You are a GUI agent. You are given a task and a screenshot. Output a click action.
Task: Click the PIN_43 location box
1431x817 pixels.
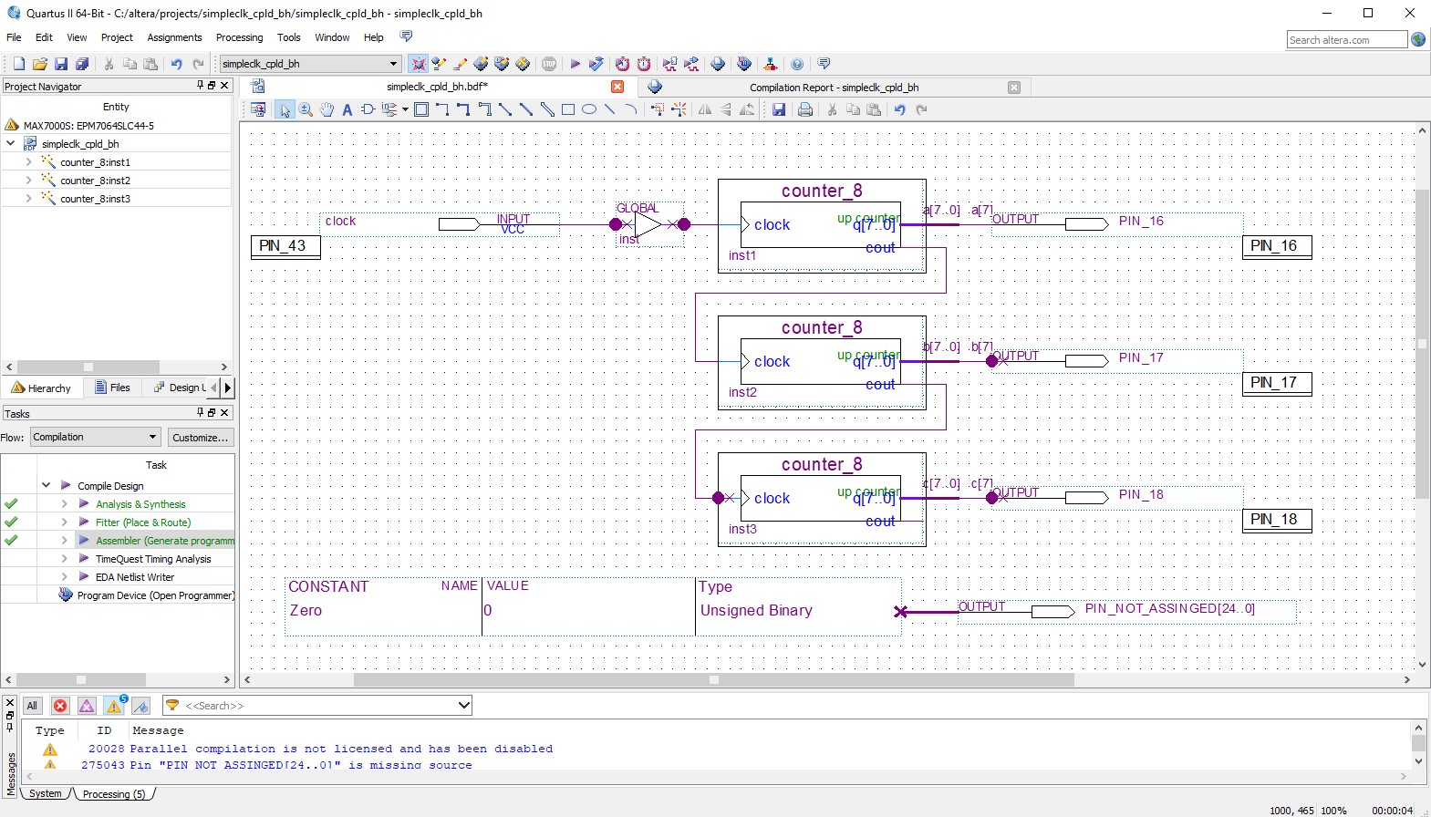click(285, 246)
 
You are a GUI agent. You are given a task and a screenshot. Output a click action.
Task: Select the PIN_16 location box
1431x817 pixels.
click(1276, 246)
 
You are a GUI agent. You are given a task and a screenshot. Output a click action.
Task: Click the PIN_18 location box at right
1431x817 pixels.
click(1276, 520)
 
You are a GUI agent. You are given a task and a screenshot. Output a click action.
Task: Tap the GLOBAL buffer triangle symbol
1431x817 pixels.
click(647, 224)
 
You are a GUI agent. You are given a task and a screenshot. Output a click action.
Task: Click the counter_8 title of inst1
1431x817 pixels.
click(821, 191)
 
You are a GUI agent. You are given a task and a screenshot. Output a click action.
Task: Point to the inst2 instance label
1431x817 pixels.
click(742, 393)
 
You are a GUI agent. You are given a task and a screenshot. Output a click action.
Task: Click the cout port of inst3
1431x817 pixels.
click(880, 522)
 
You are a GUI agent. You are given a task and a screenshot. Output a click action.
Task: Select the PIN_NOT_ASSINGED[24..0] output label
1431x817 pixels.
click(1169, 608)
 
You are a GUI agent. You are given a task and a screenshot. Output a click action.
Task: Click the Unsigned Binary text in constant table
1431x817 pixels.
click(756, 611)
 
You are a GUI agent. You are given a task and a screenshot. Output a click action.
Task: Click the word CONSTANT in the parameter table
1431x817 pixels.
click(328, 587)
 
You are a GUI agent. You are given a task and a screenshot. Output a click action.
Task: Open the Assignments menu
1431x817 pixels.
click(174, 37)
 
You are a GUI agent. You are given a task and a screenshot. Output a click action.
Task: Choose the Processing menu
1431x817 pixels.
click(239, 37)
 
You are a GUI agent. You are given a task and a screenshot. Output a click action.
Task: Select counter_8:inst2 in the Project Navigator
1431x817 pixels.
click(95, 181)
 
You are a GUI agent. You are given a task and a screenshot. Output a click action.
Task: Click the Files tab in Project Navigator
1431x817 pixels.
click(113, 388)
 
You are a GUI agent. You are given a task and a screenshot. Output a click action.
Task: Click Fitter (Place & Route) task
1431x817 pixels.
click(143, 522)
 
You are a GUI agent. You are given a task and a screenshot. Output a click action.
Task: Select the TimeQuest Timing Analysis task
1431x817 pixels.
click(152, 559)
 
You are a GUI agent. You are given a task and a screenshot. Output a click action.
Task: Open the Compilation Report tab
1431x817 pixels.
click(833, 88)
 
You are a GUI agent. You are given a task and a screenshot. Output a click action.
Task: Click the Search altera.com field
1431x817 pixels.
click(1345, 40)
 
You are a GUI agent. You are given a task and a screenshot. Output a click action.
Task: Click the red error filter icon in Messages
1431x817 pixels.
click(60, 706)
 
